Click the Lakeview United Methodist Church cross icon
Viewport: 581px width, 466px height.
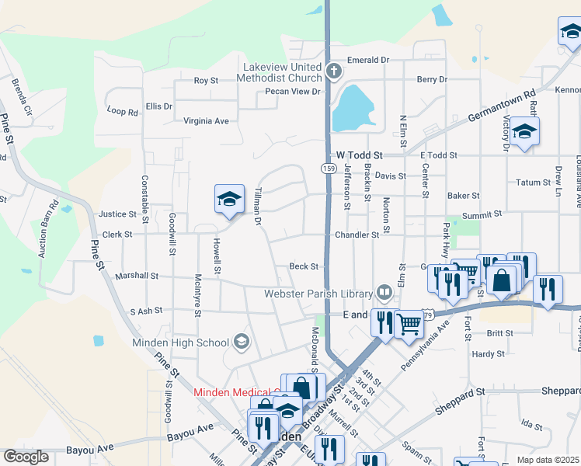tap(334, 72)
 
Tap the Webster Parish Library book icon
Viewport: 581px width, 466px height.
tap(384, 293)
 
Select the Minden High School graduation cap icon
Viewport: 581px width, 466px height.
tap(242, 342)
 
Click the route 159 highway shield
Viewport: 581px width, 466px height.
tap(328, 168)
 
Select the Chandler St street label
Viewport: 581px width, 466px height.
tap(357, 234)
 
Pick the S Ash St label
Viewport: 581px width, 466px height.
tap(146, 311)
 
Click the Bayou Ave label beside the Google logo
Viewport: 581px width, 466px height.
tap(85, 449)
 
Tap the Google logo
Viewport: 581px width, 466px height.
tap(26, 457)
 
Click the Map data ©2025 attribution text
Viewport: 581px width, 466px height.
tap(548, 460)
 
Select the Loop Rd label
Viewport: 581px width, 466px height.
tap(122, 112)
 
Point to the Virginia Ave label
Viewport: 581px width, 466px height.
tap(206, 121)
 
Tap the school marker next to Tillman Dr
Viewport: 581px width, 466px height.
tap(230, 200)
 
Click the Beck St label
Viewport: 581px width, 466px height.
tap(304, 266)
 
